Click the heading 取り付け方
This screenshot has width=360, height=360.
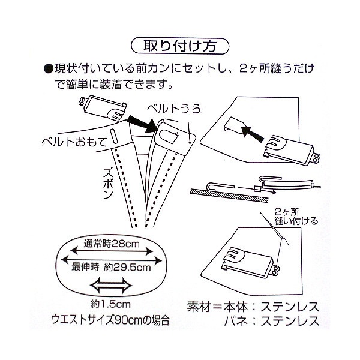(x=180, y=46)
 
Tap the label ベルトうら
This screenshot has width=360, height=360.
(x=174, y=109)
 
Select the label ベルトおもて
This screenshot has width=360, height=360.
(x=75, y=141)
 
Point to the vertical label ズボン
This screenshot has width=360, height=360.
(x=107, y=183)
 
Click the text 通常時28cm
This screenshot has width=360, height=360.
(x=112, y=244)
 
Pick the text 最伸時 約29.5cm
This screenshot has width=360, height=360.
(x=111, y=267)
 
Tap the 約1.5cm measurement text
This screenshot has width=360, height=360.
(x=110, y=304)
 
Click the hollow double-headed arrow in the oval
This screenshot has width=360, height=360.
(x=111, y=286)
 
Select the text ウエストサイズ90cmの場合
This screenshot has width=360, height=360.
(x=110, y=319)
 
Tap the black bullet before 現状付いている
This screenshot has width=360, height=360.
(x=49, y=68)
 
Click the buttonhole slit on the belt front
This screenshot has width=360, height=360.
(x=113, y=136)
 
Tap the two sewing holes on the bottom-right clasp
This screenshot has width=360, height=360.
(x=276, y=270)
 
